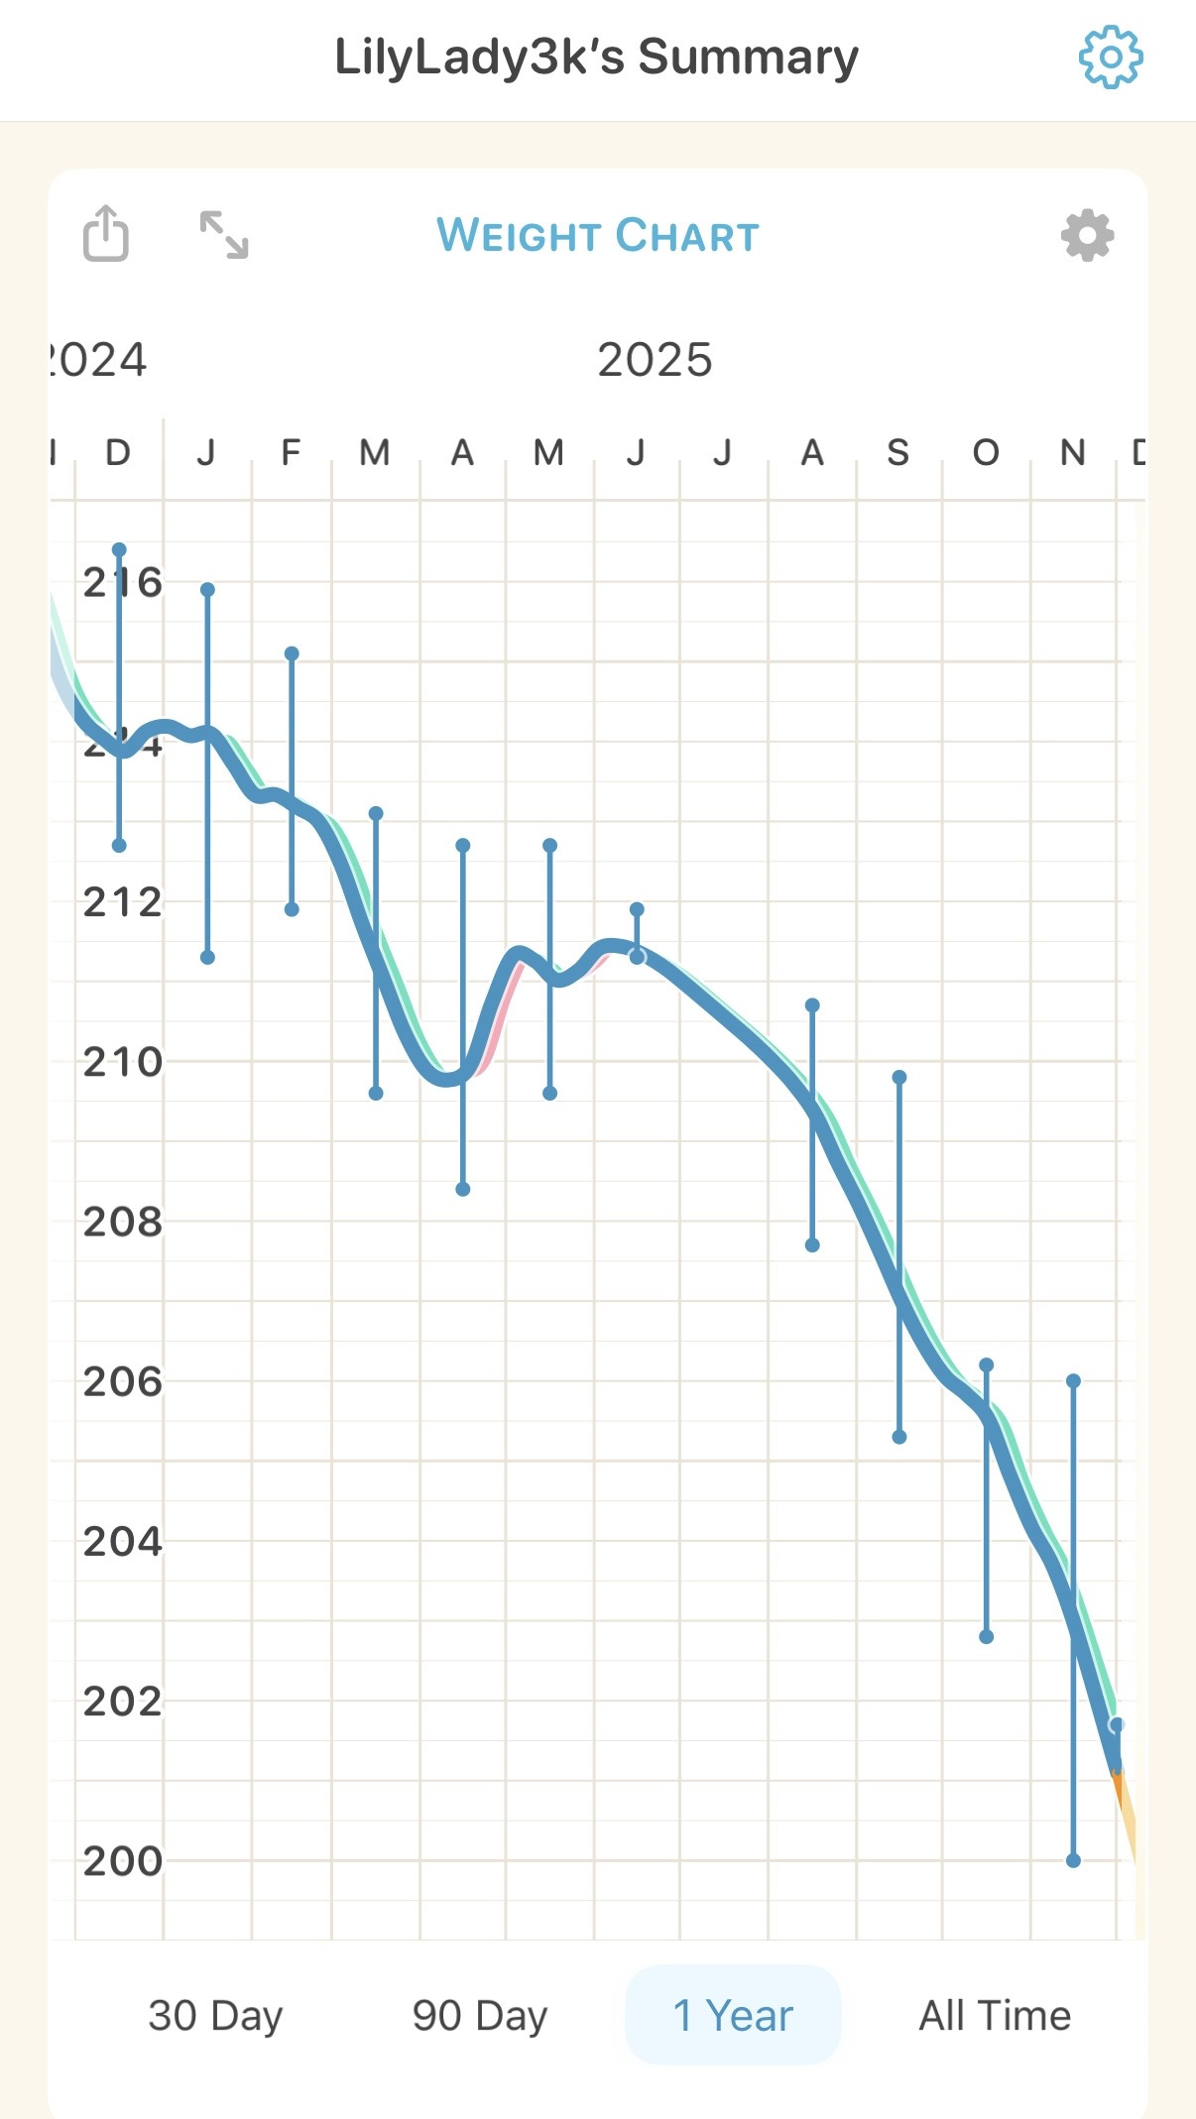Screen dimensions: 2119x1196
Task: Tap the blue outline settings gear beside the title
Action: (1111, 58)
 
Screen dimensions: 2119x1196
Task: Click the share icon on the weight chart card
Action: (105, 234)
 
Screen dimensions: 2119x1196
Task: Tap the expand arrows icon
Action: (224, 235)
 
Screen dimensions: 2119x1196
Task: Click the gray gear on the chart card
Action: (1087, 236)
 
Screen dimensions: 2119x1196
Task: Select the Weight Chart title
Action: (598, 236)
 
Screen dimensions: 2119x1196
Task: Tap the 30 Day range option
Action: (215, 2015)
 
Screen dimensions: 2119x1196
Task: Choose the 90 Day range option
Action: (480, 2015)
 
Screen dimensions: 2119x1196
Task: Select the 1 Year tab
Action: (733, 2015)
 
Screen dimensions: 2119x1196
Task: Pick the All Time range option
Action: (995, 2015)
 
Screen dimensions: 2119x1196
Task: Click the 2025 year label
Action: (655, 360)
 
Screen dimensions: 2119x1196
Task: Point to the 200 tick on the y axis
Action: (122, 1861)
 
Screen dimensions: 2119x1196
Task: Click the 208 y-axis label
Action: (122, 1222)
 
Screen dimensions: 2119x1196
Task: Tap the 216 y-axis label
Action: (122, 582)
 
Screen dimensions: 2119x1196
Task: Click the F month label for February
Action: (291, 453)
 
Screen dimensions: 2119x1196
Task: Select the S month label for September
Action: (898, 453)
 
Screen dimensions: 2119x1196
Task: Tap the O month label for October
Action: (986, 453)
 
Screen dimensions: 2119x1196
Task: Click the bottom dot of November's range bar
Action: (1073, 1860)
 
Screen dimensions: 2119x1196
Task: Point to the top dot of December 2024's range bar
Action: (119, 549)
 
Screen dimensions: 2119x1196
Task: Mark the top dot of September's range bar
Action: (899, 1077)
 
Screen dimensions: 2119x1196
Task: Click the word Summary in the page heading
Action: (748, 58)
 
